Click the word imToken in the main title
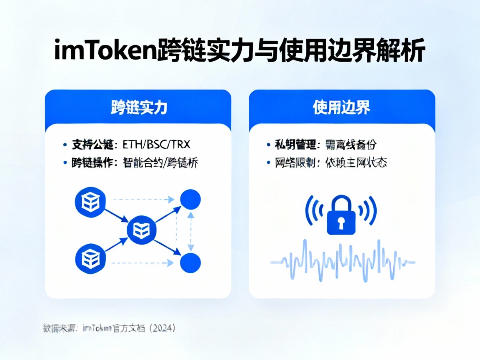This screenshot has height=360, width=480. pyautogui.click(x=106, y=52)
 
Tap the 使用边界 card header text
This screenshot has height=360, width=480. pyautogui.click(x=341, y=107)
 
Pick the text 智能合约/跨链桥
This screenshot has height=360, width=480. pyautogui.click(x=160, y=163)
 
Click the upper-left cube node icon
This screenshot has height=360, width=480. pyautogui.click(x=88, y=203)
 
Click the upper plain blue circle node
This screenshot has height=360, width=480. pyautogui.click(x=190, y=200)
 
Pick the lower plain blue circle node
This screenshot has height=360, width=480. pyautogui.click(x=190, y=263)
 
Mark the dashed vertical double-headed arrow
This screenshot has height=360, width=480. pyautogui.click(x=190, y=231)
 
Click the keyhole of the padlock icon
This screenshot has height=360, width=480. pyautogui.click(x=341, y=224)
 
